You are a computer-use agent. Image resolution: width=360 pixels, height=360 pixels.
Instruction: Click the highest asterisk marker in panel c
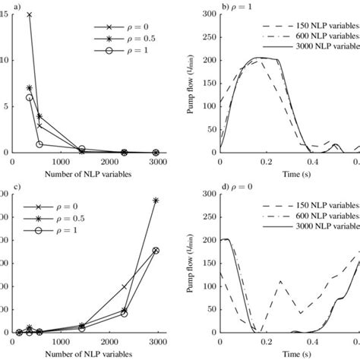156,201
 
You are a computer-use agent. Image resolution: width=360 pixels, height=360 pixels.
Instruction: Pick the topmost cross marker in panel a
30,14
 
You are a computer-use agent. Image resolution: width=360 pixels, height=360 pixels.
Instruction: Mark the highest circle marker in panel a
30,97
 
